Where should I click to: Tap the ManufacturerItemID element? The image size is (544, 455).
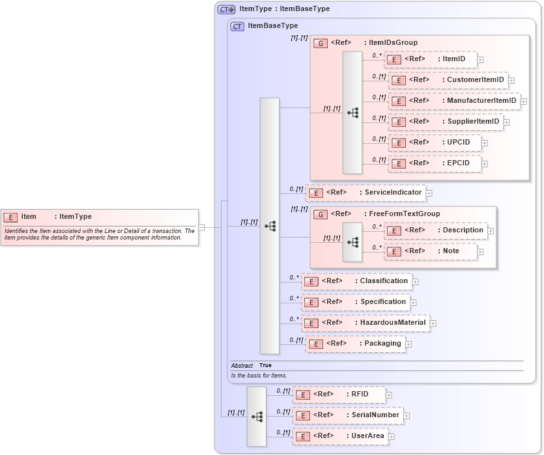454,101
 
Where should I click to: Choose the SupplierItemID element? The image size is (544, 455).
446,122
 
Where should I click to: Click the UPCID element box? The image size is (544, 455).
435,143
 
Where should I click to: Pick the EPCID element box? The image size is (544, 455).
435,163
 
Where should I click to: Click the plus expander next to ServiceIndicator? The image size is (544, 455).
429,193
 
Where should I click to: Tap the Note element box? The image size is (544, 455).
431,251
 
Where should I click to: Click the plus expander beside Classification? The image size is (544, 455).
416,282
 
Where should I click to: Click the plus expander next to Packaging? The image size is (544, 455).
408,344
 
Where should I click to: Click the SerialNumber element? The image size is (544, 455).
348,415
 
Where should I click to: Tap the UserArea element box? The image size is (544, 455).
340,436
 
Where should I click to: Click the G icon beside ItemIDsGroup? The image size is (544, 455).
321,43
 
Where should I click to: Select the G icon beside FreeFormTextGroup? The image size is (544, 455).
321,214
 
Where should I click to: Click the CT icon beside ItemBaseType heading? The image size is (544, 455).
238,26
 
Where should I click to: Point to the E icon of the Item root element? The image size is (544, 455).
10,217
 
